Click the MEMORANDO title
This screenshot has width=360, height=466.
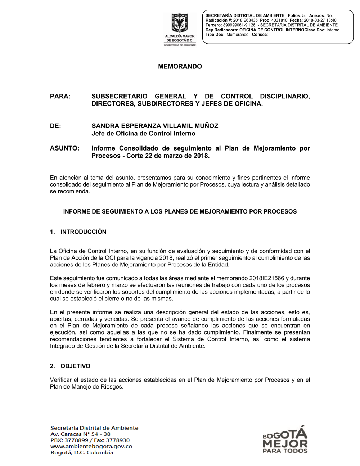(x=180, y=67)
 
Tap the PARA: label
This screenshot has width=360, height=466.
(x=60, y=97)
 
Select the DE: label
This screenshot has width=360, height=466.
(x=55, y=126)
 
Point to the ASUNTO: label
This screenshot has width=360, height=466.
(x=64, y=148)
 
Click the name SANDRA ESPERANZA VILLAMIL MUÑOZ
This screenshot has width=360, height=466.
(x=155, y=126)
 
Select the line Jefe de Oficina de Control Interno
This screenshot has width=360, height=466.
(x=143, y=134)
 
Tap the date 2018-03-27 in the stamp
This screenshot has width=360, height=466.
(x=315, y=21)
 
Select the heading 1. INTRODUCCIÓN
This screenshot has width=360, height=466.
(x=78, y=232)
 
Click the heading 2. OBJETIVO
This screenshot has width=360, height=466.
(x=70, y=366)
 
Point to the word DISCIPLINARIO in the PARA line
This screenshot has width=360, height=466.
(x=285, y=97)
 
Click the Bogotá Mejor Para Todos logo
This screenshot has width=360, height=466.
(x=285, y=439)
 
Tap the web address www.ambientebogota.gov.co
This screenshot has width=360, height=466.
(x=91, y=447)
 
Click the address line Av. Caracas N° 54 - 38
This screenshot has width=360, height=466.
(x=80, y=434)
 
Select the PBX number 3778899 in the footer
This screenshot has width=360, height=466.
(x=76, y=440)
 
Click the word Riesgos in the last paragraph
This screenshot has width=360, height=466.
(x=113, y=387)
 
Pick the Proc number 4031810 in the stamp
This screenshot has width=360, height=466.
(x=279, y=21)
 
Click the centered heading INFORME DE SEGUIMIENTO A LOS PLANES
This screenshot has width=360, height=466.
(x=180, y=212)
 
